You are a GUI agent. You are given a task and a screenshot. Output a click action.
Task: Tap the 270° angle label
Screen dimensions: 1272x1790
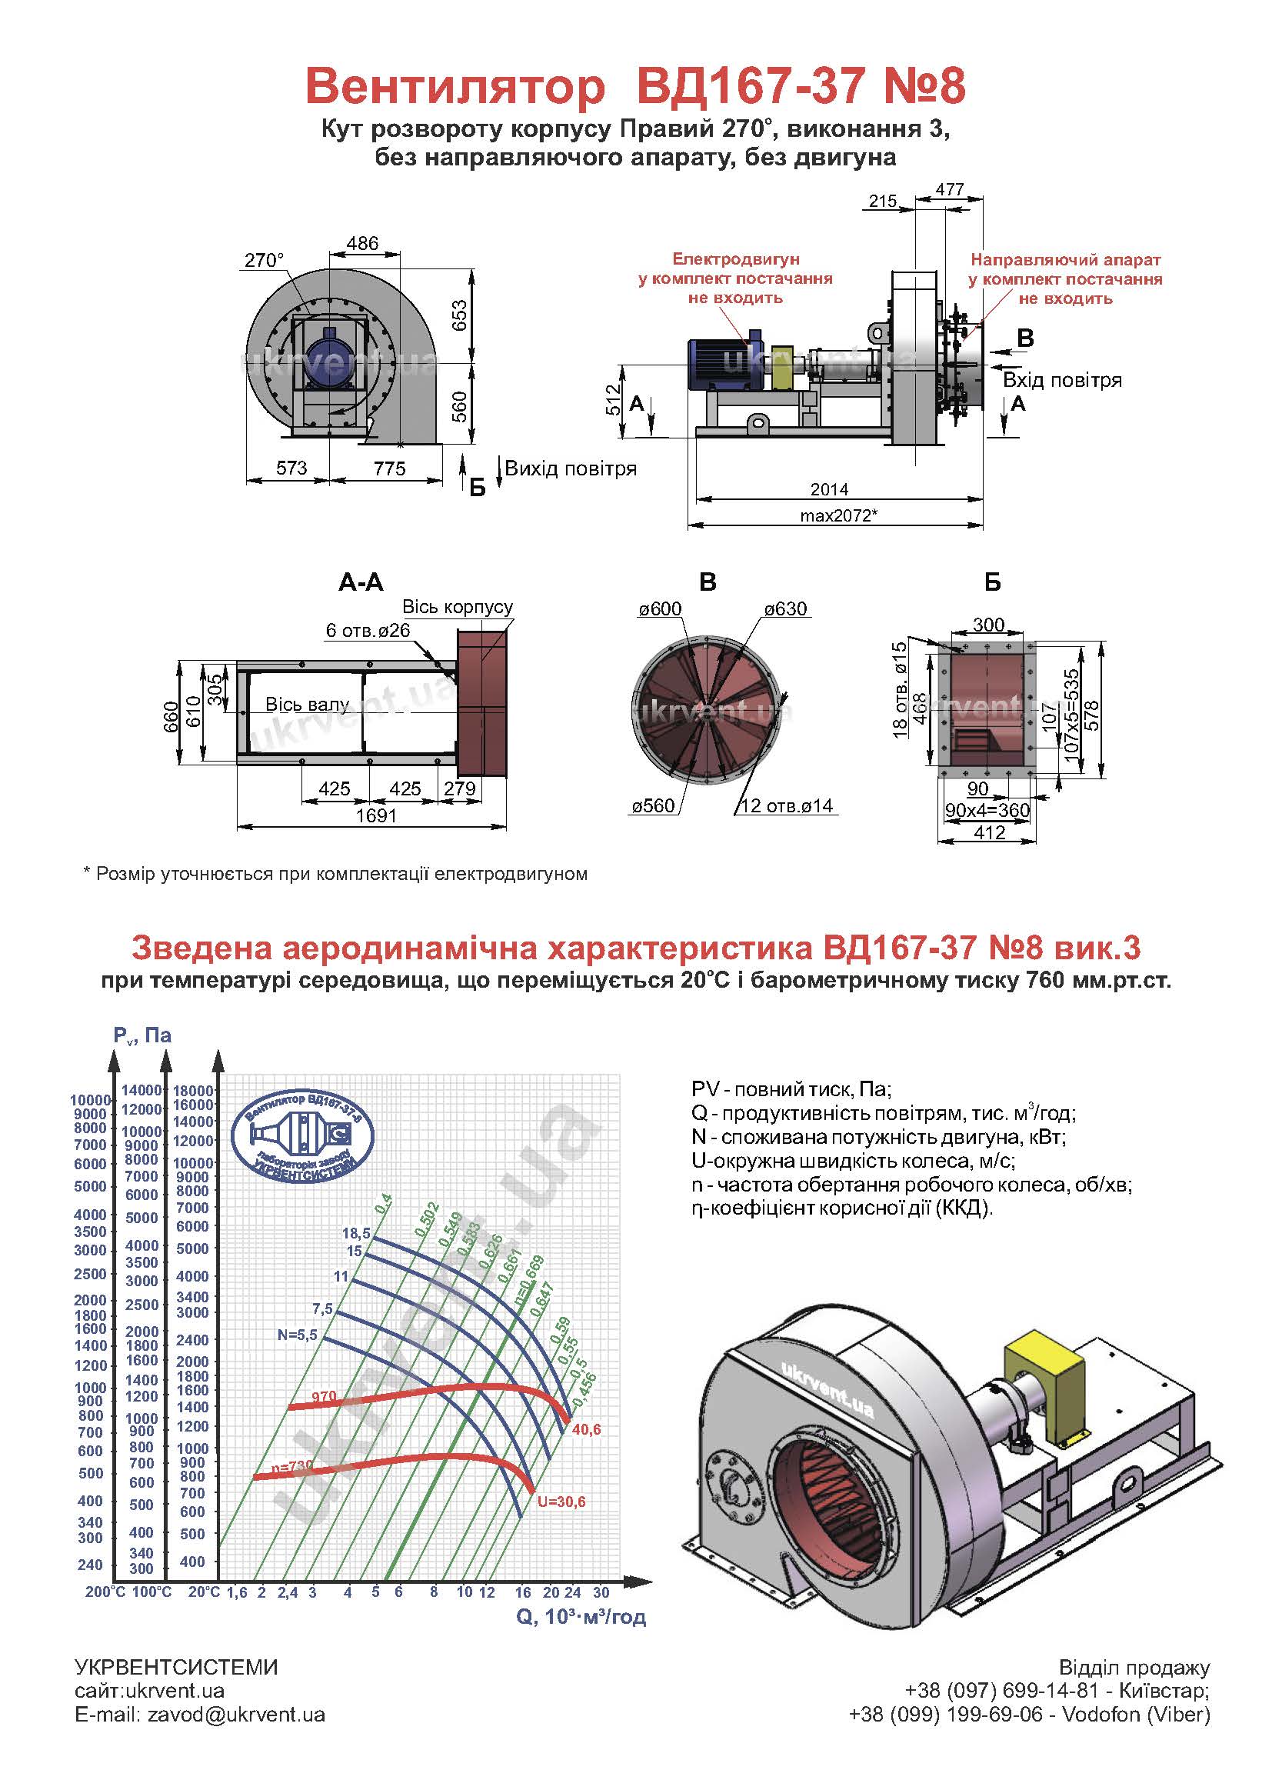264,260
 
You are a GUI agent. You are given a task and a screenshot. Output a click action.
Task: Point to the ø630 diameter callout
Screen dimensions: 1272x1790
786,608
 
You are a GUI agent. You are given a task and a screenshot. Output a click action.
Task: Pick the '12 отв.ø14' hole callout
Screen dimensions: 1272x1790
787,806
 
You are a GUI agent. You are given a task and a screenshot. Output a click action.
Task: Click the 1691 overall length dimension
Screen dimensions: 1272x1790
377,815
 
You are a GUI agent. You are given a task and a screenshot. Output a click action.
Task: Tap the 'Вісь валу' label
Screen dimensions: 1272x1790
307,705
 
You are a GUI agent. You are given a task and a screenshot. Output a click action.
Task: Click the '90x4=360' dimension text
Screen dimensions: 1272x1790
987,810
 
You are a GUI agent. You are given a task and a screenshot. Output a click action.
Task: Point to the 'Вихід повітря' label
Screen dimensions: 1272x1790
570,468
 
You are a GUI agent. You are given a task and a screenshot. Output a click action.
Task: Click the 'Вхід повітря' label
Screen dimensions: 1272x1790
1062,380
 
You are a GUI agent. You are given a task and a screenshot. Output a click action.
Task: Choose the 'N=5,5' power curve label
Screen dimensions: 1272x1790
298,1335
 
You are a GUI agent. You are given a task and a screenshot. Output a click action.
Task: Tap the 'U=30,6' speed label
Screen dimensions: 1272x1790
561,1502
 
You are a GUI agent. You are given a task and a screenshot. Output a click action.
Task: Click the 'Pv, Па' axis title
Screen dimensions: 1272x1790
142,1035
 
